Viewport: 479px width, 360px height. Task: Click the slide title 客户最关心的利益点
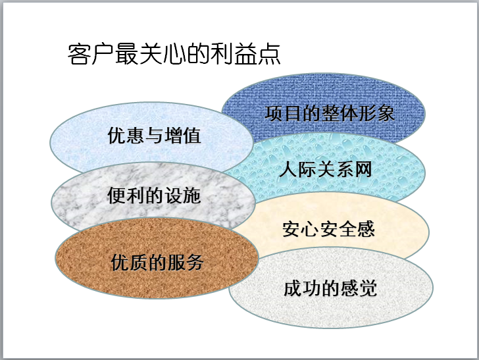174,54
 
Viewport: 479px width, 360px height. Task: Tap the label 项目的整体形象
330,113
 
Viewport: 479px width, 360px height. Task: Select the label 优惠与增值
154,136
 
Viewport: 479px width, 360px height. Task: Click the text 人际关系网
325,170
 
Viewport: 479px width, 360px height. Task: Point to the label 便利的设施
154,195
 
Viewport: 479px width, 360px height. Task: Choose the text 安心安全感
328,229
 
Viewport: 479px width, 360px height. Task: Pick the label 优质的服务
157,262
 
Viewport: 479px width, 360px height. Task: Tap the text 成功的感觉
330,288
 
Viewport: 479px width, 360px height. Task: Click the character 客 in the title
78,54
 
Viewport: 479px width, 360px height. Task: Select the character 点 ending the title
270,54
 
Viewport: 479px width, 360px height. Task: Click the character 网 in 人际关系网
363,170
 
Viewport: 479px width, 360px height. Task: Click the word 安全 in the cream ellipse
328,229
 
